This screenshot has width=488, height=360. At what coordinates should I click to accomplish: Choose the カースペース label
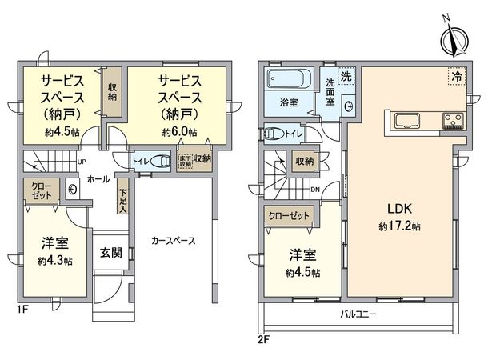174,240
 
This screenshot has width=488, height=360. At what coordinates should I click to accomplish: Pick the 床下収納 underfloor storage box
185,159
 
